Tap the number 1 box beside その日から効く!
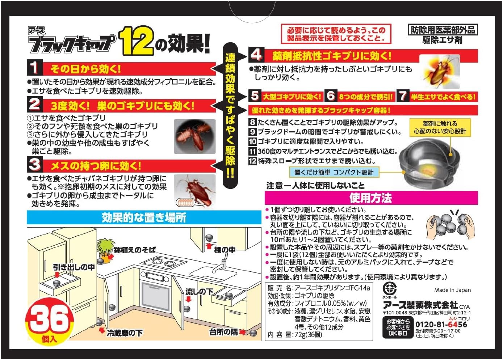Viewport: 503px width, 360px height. [34, 68]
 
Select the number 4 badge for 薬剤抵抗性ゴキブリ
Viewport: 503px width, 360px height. [256, 55]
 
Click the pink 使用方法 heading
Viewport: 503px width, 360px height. [371, 198]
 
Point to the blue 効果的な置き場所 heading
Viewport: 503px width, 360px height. [144, 217]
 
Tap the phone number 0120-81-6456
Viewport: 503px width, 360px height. [441, 325]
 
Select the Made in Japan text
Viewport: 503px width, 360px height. [452, 290]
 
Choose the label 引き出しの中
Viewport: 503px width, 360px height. [74, 267]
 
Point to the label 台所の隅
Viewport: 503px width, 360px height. [223, 332]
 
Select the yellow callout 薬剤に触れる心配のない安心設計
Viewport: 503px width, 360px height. [440, 127]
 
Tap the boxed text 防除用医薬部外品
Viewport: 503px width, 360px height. [443, 30]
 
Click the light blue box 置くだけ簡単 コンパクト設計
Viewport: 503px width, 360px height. [334, 172]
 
